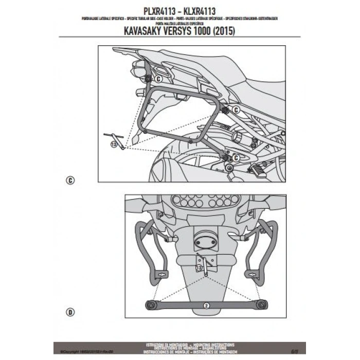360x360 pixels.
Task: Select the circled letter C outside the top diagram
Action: (x=70, y=180)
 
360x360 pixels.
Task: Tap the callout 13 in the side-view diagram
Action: (x=114, y=146)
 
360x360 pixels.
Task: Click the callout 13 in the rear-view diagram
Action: (x=199, y=269)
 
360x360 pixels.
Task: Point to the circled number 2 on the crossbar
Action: (x=205, y=305)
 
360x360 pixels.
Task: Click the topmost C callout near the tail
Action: (x=157, y=79)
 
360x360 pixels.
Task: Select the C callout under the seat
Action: (x=235, y=110)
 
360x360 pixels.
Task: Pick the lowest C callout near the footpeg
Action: (x=233, y=157)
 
